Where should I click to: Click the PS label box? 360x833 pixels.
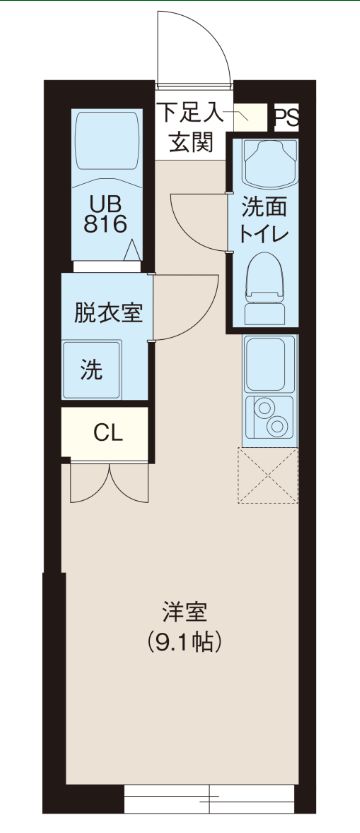(286, 116)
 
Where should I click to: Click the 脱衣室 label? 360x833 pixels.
(107, 310)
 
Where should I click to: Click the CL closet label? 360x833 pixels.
(107, 432)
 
